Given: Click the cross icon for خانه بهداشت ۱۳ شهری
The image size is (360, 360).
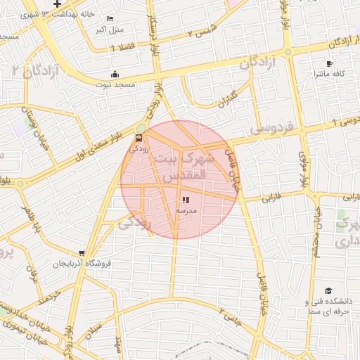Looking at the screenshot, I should point(57,5).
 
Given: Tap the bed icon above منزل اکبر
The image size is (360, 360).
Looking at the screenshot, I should point(109,18).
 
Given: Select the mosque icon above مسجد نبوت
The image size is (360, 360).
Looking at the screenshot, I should point(115,75).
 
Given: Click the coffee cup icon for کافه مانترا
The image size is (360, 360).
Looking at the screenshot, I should point(329,64).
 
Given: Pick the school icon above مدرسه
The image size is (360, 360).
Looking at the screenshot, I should point(185,200).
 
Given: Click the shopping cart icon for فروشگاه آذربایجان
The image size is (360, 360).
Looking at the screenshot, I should point(83,253).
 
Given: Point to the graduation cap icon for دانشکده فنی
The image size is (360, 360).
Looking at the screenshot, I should point(328,290).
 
